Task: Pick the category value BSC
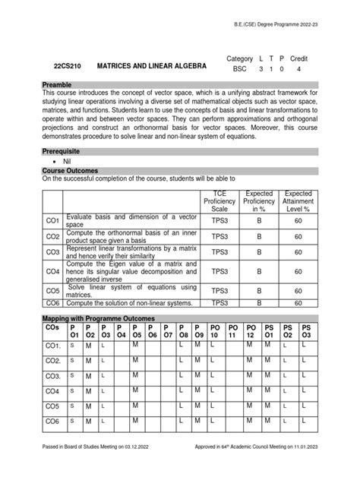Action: click(x=239, y=68)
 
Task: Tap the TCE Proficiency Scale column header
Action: click(x=219, y=201)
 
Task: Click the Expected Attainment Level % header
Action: click(x=298, y=201)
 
